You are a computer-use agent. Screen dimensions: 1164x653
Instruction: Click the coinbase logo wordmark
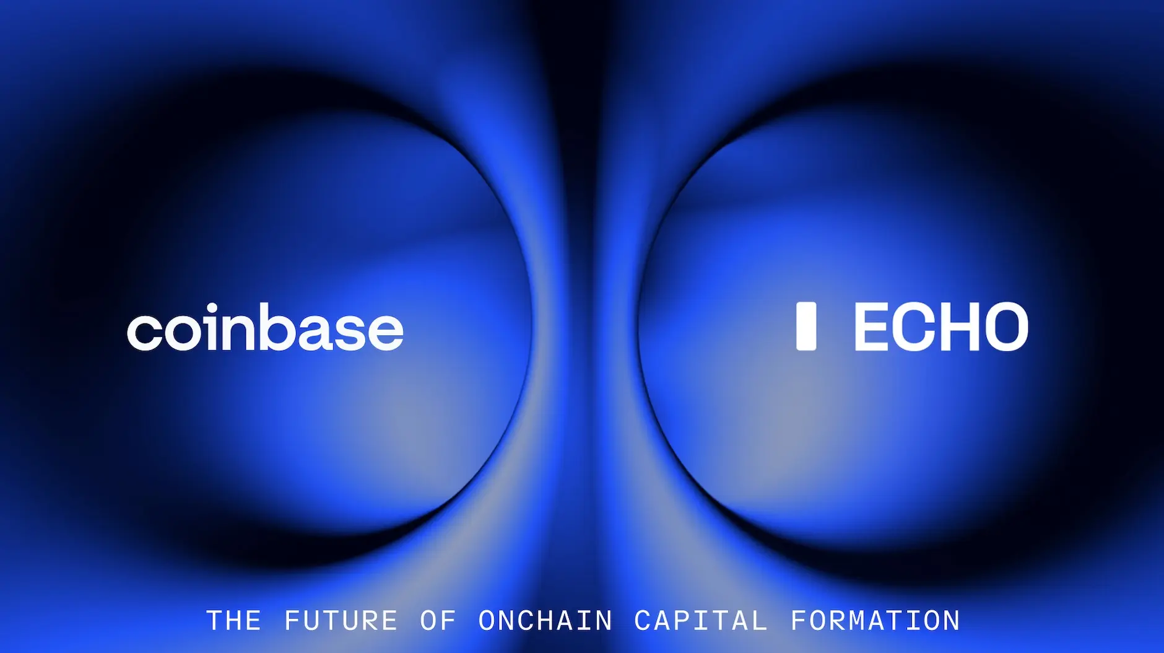click(265, 327)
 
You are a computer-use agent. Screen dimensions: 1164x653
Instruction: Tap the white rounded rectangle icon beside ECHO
click(806, 326)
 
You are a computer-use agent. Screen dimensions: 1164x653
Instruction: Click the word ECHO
click(941, 327)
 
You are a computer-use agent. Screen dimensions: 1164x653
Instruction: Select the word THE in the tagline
click(233, 621)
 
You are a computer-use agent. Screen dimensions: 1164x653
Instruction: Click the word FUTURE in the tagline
click(341, 621)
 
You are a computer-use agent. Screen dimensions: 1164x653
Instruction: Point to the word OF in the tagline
click(438, 621)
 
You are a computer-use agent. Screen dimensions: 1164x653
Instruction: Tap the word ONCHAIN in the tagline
click(545, 621)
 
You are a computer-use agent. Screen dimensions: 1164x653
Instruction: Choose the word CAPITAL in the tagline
click(701, 621)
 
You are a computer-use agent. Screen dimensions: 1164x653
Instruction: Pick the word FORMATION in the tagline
click(875, 621)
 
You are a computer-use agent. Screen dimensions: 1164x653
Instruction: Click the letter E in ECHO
click(871, 327)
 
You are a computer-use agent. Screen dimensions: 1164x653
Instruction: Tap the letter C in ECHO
click(914, 327)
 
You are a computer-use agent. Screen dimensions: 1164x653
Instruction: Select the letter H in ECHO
click(961, 327)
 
